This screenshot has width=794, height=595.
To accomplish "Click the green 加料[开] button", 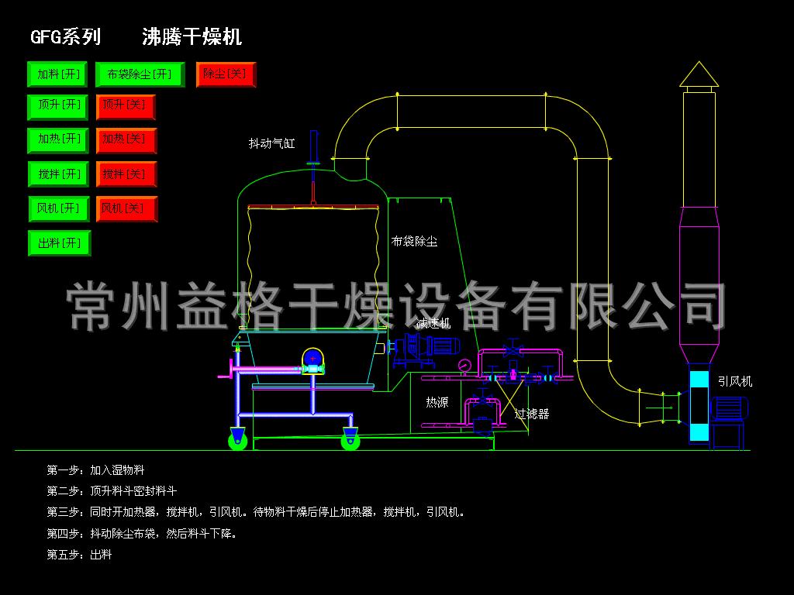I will click(x=59, y=74).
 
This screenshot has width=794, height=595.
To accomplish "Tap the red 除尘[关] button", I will click(x=226, y=74).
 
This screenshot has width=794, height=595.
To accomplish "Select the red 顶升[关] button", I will click(x=126, y=107).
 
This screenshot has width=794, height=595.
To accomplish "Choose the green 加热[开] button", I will click(x=59, y=140).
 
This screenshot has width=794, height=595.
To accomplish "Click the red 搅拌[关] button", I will click(x=126, y=174).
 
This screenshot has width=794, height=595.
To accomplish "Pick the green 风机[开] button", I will click(x=59, y=208).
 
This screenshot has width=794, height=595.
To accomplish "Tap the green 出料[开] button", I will click(x=59, y=243).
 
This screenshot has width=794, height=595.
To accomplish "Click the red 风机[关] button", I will click(x=126, y=208).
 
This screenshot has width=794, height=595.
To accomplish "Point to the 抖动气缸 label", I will click(x=271, y=143).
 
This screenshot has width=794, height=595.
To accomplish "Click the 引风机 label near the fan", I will click(x=734, y=381).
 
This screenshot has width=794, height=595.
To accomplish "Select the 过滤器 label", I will click(x=532, y=414).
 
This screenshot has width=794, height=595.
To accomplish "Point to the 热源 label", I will click(x=437, y=402).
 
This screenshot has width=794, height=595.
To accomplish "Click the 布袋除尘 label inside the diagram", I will click(x=414, y=242).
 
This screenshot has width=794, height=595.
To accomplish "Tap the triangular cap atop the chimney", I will click(x=699, y=74).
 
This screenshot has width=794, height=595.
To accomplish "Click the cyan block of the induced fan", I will click(x=699, y=407).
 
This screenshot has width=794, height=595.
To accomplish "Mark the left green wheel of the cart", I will click(x=238, y=441).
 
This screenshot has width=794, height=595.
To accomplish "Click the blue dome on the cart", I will click(x=312, y=357).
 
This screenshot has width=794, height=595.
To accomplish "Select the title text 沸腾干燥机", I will click(x=192, y=36).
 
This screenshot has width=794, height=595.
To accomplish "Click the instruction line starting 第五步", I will click(x=80, y=555).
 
